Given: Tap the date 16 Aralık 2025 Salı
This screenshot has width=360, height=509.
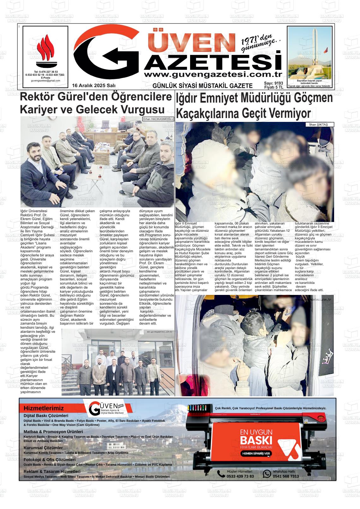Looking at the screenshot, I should (94, 86).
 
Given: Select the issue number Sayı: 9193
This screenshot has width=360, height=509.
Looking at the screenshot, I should (273, 83).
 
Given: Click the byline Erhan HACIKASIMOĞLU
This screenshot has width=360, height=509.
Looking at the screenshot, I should (158, 119).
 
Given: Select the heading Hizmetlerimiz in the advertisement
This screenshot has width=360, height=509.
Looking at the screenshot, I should (44, 408).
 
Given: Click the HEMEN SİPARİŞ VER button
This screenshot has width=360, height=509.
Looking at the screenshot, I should (256, 453).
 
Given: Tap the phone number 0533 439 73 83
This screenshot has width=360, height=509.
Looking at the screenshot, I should (240, 476).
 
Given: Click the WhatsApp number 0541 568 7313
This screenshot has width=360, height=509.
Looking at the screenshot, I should (285, 476).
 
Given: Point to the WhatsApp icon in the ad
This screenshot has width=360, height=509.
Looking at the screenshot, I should (267, 474).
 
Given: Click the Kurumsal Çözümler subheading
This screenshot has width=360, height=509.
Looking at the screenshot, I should (43, 448).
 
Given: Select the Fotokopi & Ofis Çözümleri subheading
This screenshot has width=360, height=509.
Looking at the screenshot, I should (50, 460).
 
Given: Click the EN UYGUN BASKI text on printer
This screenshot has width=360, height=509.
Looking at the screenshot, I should (256, 436).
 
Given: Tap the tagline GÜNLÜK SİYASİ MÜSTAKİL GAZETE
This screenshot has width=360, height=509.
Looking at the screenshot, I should (202, 86).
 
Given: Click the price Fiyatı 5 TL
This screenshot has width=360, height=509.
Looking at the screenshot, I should (273, 87).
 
